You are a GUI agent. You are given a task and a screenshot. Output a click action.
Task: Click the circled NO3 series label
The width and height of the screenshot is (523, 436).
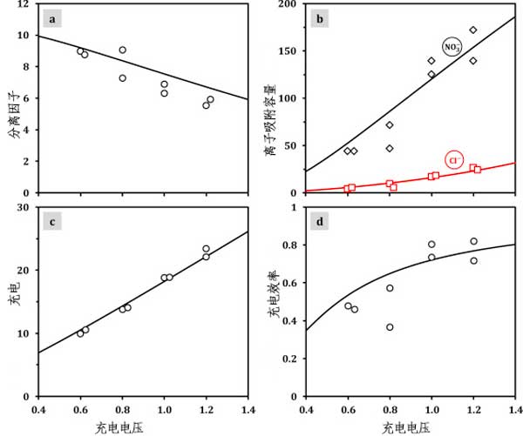452,47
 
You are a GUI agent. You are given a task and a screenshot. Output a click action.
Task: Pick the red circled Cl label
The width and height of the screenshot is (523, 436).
453,159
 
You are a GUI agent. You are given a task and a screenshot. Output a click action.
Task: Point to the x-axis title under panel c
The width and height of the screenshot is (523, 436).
143,427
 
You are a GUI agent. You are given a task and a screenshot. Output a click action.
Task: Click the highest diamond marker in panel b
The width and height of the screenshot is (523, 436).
473,30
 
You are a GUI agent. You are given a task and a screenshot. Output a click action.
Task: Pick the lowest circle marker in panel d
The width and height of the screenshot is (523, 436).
390,327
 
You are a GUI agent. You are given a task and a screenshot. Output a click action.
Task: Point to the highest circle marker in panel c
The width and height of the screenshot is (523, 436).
207,249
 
